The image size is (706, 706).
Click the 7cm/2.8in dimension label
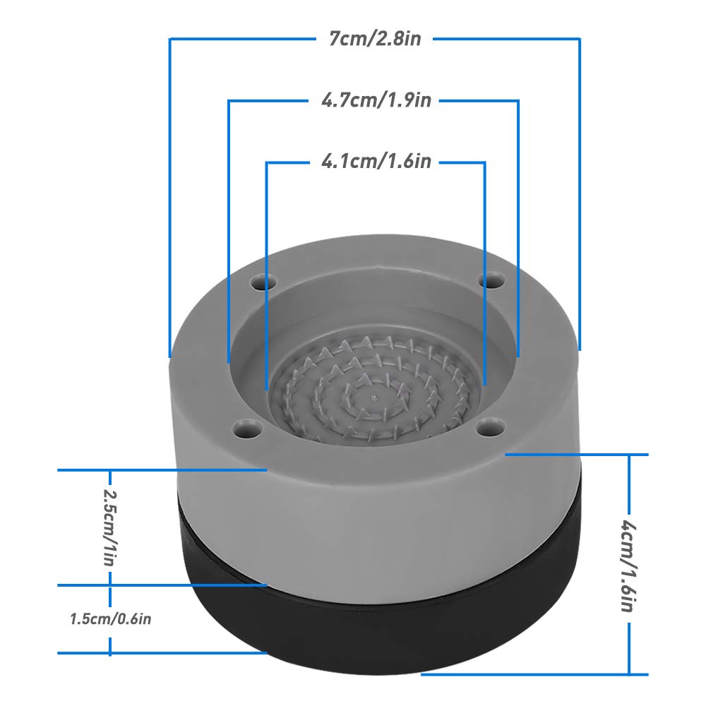point(375,38)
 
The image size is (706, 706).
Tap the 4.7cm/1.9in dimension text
point(376,100)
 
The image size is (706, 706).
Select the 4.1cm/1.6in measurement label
point(376,162)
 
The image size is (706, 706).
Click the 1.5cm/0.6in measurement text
point(111,619)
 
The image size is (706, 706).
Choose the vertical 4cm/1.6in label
point(628,565)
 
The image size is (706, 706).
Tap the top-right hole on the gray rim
point(489,281)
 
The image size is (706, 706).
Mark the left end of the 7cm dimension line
point(170,353)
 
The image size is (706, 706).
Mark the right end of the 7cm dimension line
point(580,347)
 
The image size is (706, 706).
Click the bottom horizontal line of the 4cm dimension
point(529,674)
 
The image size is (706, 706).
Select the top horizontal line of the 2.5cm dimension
point(162,469)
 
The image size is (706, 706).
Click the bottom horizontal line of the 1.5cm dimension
point(162,654)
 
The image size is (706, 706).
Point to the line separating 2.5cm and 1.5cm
point(162,585)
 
